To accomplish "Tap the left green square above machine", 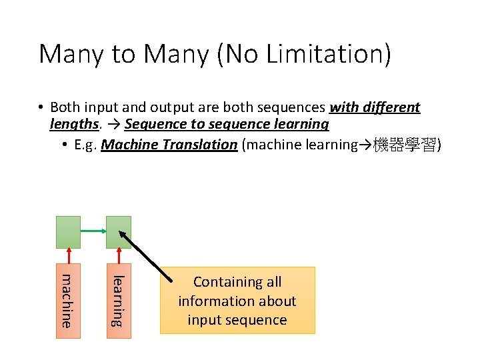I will pyautogui.click(x=68, y=231).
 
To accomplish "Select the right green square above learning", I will pyautogui.click(x=119, y=231).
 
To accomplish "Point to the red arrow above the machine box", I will pyautogui.click(x=68, y=256).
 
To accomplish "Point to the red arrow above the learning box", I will pyautogui.click(x=119, y=256).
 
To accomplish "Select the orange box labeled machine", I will pyautogui.click(x=68, y=301).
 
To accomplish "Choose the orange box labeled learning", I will pyautogui.click(x=119, y=301).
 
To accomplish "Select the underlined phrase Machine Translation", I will pyautogui.click(x=169, y=145).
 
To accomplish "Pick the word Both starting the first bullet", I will pyautogui.click(x=64, y=107).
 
